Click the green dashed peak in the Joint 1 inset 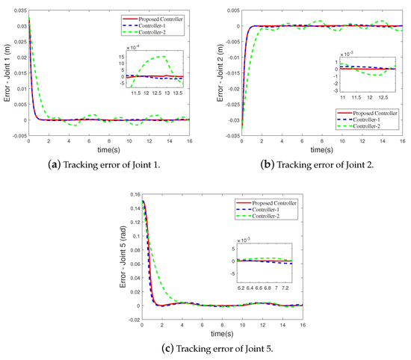163,57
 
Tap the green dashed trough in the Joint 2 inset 366,75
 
